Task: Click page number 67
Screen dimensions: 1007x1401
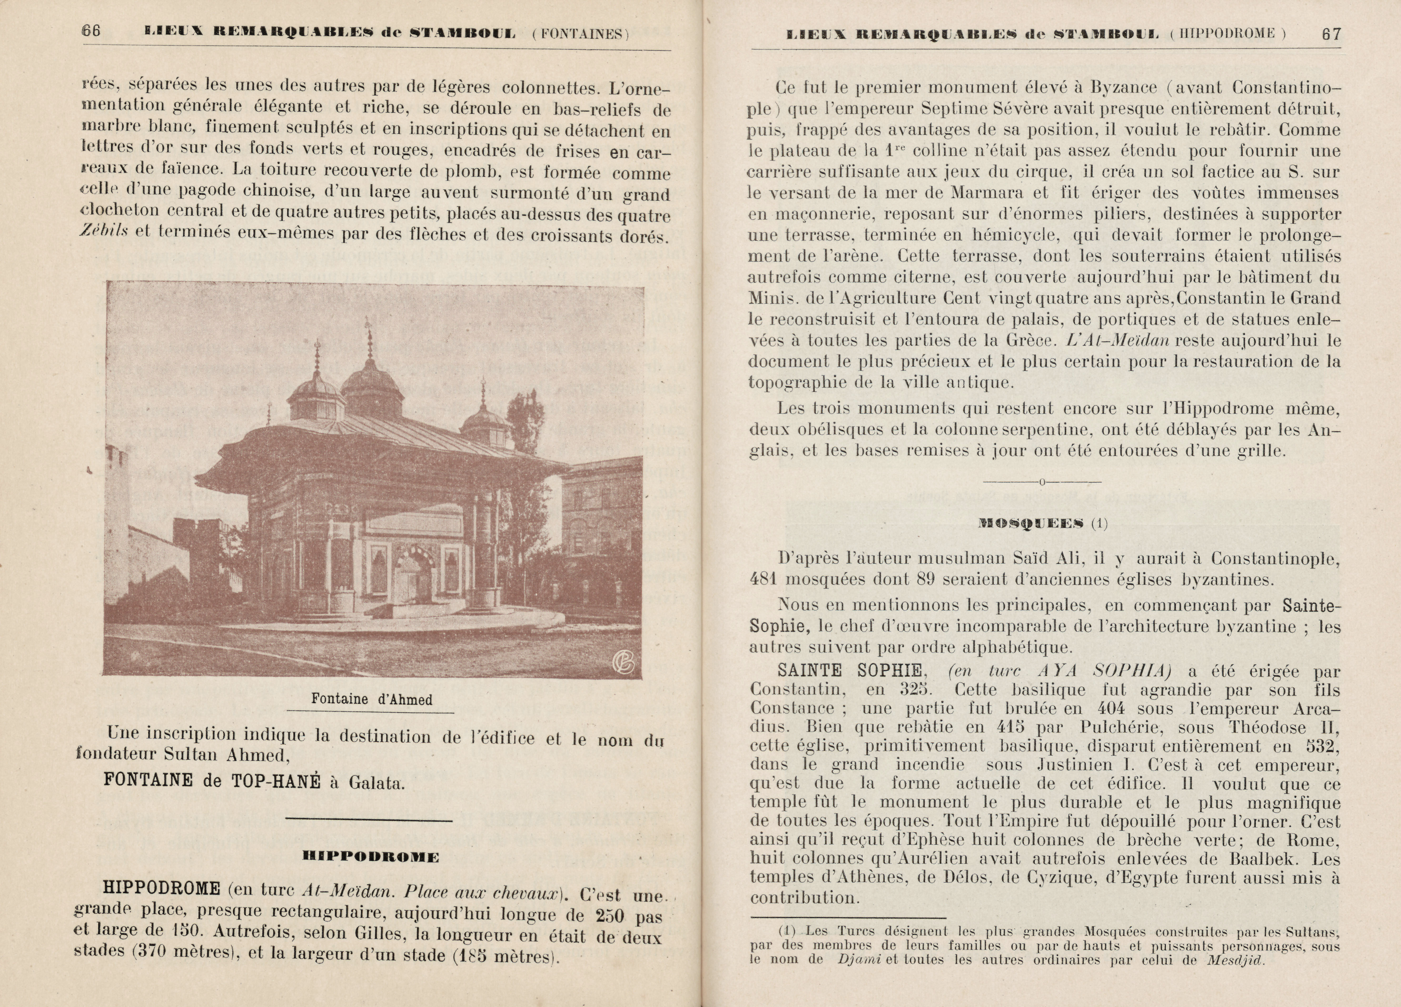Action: pyautogui.click(x=1331, y=34)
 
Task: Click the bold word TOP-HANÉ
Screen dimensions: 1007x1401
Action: pyautogui.click(x=276, y=781)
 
